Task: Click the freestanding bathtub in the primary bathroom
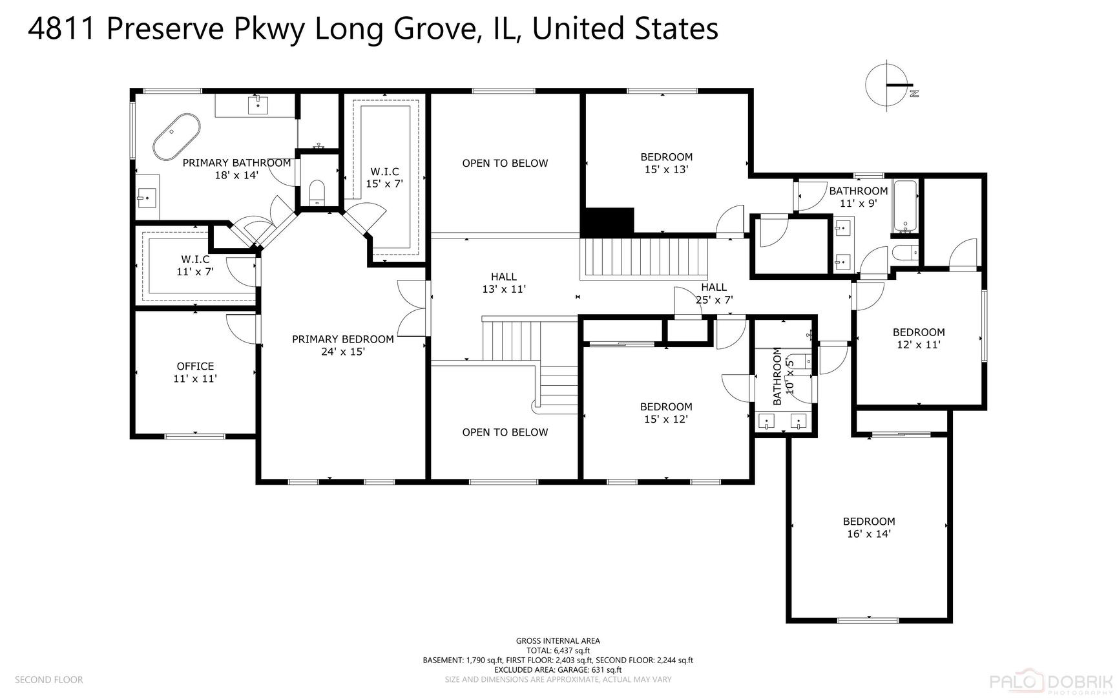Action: (177, 136)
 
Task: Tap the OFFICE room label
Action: (195, 372)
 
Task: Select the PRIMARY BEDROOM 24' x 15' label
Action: (342, 345)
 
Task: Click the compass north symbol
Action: (890, 86)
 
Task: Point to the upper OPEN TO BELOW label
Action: (505, 164)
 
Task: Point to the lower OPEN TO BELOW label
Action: (505, 432)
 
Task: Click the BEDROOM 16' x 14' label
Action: (868, 527)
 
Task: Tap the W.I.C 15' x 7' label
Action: (384, 177)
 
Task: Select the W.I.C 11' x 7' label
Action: (195, 266)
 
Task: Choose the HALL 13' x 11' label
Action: (503, 283)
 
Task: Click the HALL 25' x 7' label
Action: (714, 293)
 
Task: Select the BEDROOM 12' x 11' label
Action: (918, 338)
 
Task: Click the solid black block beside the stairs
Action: (607, 222)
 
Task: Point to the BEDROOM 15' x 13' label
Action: (666, 163)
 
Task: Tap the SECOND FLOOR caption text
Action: (49, 679)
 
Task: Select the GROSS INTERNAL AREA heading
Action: (558, 641)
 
